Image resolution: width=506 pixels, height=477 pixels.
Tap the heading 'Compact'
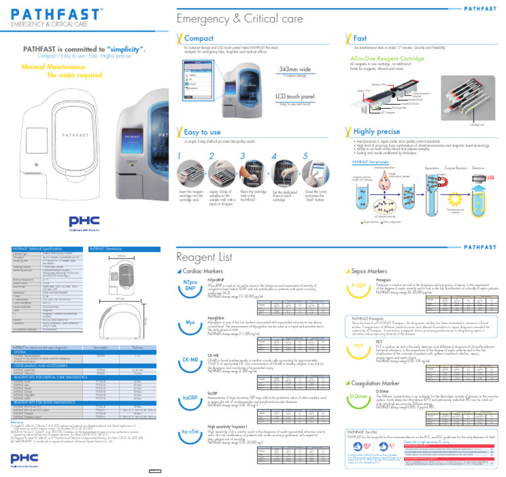tap(198, 39)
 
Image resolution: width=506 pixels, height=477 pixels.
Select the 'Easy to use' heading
tap(202, 132)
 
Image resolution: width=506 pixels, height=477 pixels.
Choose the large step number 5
tap(306, 157)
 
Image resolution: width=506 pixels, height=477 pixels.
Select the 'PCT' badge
tap(359, 346)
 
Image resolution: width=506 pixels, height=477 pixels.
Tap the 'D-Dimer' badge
tap(360, 396)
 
